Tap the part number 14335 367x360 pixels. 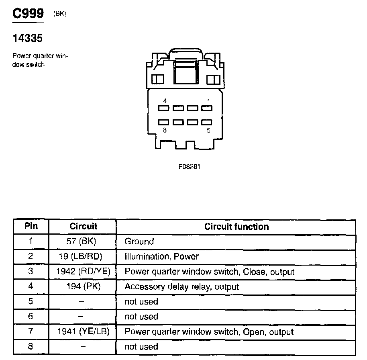(x=27, y=39)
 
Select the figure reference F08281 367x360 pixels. (x=189, y=166)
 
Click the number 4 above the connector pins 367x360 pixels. (x=165, y=101)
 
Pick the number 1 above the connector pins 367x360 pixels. (x=208, y=101)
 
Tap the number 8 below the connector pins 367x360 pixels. (x=165, y=130)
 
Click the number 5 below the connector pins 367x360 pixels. (x=208, y=130)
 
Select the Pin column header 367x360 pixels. (x=31, y=226)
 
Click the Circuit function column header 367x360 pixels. (x=236, y=227)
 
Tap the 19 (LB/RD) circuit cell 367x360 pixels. (x=83, y=256)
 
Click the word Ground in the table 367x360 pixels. (x=139, y=241)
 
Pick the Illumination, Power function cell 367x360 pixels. (x=161, y=256)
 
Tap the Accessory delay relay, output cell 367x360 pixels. (x=181, y=286)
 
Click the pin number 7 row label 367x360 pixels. (x=31, y=332)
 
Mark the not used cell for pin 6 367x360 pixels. (x=141, y=317)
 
